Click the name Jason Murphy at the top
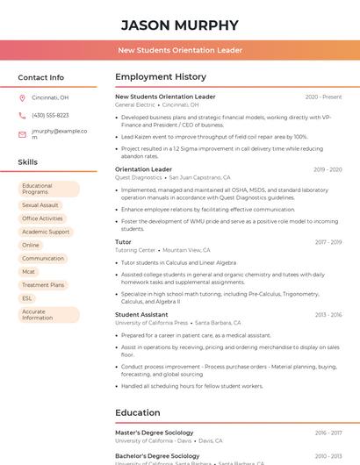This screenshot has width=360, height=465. [179, 25]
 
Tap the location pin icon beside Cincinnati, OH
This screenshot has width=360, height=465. [22, 98]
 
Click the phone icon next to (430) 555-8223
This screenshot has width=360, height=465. [22, 116]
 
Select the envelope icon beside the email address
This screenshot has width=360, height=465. [22, 134]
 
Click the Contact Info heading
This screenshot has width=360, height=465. [40, 77]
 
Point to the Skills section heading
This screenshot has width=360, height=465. [28, 162]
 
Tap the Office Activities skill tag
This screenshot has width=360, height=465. [42, 218]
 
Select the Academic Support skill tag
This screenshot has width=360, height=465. [46, 232]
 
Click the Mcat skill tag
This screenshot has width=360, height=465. [30, 272]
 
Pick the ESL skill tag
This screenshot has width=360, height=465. [27, 298]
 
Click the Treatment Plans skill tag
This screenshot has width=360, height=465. [43, 285]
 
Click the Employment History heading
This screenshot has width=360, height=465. [161, 77]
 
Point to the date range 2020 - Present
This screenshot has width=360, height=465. [323, 97]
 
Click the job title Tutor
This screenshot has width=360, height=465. [123, 241]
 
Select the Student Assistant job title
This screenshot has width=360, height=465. [141, 314]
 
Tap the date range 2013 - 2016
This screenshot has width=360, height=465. [328, 314]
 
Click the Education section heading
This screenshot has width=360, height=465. [137, 412]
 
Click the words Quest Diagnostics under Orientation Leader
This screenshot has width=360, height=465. [139, 177]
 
